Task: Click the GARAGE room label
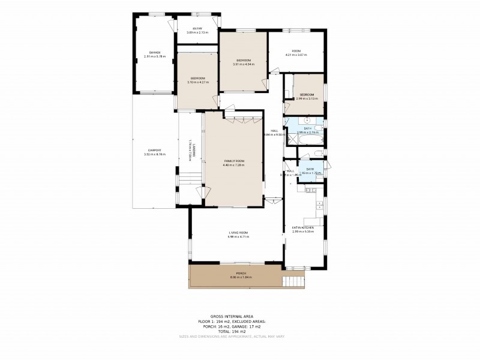click(x=155, y=52)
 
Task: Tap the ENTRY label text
click(x=197, y=29)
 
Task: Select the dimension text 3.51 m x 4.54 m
click(x=243, y=64)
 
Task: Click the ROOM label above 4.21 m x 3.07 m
click(x=296, y=50)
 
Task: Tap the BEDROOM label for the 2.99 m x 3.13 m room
click(x=307, y=95)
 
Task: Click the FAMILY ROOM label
click(x=234, y=161)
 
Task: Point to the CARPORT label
click(x=154, y=150)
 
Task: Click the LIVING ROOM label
click(x=238, y=233)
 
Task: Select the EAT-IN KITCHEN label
click(x=302, y=227)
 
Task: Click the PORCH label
click(x=241, y=274)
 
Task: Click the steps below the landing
click(x=191, y=178)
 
